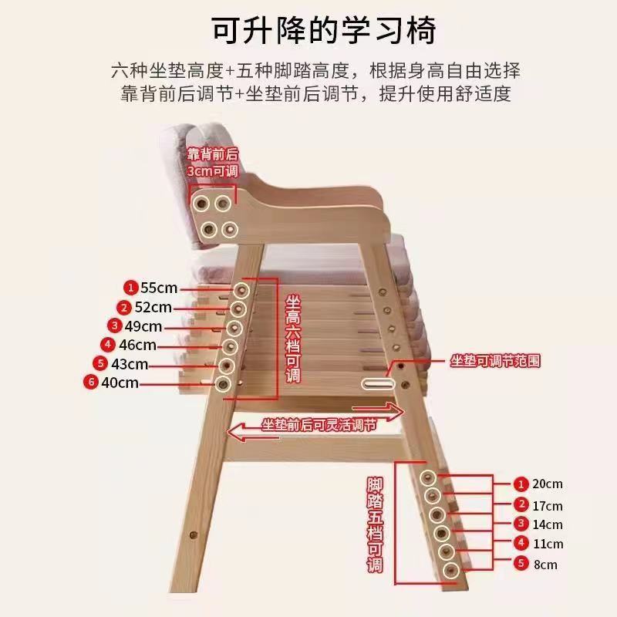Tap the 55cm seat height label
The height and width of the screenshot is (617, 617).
[x=159, y=288]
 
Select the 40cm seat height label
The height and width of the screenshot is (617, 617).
[x=120, y=383]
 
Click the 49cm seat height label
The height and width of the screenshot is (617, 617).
[x=143, y=326]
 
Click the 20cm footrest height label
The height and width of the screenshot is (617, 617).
[x=548, y=484]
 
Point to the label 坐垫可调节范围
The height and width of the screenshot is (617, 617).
[x=495, y=360]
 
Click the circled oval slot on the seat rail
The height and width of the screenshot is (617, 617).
[x=378, y=383]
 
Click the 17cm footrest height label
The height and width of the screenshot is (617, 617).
[x=548, y=506]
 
